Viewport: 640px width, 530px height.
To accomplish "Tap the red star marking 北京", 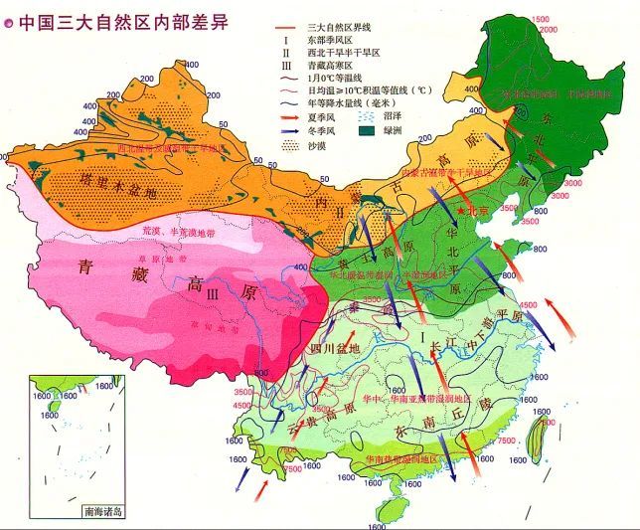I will pos(461,212).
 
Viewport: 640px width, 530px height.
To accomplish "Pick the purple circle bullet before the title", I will pos(9,22).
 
